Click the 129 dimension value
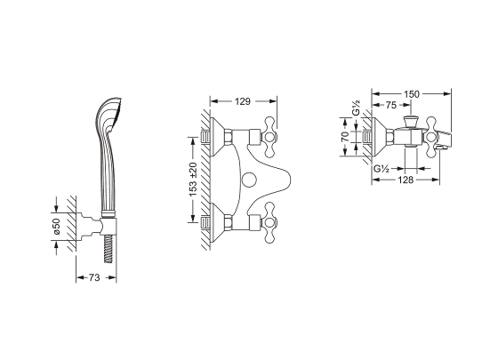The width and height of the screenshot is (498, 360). pos(243,101)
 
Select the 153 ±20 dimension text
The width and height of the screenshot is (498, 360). pos(193,180)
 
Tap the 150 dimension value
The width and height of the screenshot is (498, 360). pos(412,94)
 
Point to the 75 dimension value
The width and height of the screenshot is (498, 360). pos(391,105)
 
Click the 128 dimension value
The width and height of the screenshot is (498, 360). pos(406,180)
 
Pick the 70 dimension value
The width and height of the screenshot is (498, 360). pos(345,137)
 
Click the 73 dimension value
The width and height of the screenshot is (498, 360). pos(94,277)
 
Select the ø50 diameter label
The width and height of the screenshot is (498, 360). pos(57,226)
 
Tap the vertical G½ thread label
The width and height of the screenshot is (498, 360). pos(357,108)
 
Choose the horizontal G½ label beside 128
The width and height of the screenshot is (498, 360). pos(382,168)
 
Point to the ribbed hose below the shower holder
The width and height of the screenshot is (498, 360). pos(108,249)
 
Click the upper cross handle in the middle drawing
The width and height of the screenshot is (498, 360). pos(269,137)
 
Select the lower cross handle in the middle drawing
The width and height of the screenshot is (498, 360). pos(269,222)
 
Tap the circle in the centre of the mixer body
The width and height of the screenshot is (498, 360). pos(248,180)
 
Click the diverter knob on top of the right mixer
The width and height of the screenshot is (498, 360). pos(411,122)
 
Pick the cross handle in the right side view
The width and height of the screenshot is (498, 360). pos(431,137)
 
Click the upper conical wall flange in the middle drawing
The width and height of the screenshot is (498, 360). pos(218,137)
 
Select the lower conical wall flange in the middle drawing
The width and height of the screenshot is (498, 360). pos(218,222)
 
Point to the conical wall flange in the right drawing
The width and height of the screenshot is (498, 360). pos(379,137)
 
